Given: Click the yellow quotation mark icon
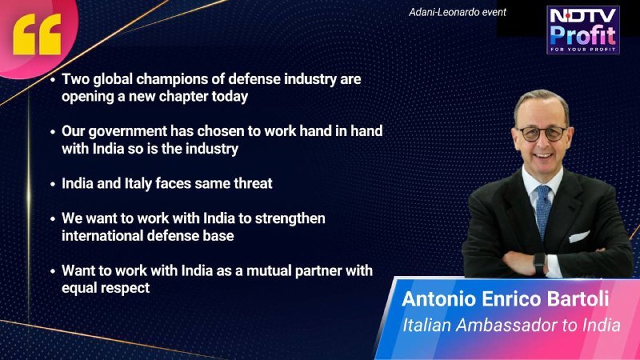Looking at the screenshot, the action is pos(37,34).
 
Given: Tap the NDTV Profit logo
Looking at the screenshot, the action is pos(583,30).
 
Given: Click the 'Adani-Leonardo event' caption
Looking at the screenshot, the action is pos(457,12).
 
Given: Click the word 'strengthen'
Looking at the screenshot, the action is pos(290,218).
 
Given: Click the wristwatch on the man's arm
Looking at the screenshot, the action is pos(539,263).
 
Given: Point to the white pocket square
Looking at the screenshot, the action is pos(578,236).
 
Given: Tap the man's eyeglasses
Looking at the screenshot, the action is pos(542,134).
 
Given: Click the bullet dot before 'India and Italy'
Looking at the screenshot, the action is pos(53,184).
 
